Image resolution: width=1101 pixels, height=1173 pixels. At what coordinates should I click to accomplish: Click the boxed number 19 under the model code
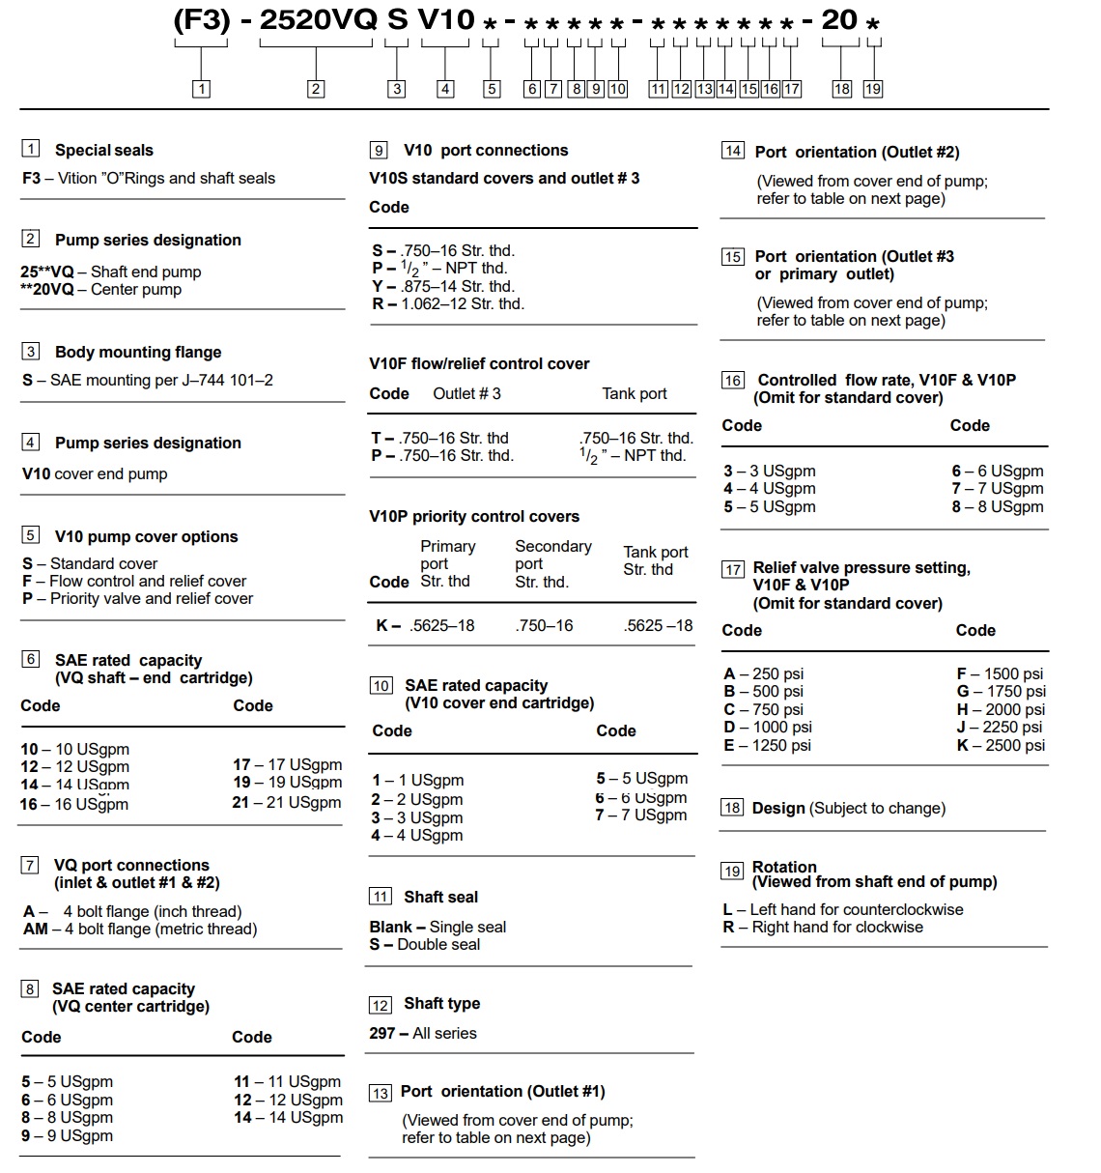[872, 89]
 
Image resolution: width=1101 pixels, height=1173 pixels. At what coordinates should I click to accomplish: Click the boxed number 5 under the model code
[492, 89]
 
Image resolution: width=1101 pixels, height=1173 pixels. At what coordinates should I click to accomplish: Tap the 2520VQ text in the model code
[318, 20]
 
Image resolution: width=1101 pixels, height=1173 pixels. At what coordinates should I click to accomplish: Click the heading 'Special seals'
[103, 150]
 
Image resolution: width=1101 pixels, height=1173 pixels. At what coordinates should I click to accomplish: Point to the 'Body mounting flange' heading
[138, 352]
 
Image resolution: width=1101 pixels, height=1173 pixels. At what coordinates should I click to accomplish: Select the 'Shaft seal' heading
[440, 897]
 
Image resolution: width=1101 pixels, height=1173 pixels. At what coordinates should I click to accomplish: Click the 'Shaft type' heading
[441, 1003]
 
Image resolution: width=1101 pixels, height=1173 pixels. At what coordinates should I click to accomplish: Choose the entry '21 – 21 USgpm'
[287, 802]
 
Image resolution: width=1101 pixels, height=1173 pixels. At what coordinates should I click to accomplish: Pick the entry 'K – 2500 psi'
[1001, 745]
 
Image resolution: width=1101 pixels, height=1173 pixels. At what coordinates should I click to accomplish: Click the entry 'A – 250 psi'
[763, 673]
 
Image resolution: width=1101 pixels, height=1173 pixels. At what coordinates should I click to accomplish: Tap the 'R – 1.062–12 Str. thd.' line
[448, 303]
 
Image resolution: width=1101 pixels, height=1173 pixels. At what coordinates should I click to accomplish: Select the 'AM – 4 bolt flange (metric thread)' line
[140, 929]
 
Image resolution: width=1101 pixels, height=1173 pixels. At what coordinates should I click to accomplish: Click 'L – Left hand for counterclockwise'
[842, 909]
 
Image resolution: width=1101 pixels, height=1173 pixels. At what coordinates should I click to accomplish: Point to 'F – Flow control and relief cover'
[134, 581]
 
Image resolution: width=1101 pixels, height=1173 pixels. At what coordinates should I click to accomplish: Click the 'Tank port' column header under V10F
[634, 393]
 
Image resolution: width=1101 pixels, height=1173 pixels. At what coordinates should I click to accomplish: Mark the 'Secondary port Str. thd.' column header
[552, 563]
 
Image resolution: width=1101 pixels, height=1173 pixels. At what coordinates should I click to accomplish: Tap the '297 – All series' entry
[422, 1033]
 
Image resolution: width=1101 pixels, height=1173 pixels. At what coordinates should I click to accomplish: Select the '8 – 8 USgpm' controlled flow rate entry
[998, 506]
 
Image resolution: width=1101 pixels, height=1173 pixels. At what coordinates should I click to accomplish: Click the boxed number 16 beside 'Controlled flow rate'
[733, 381]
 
